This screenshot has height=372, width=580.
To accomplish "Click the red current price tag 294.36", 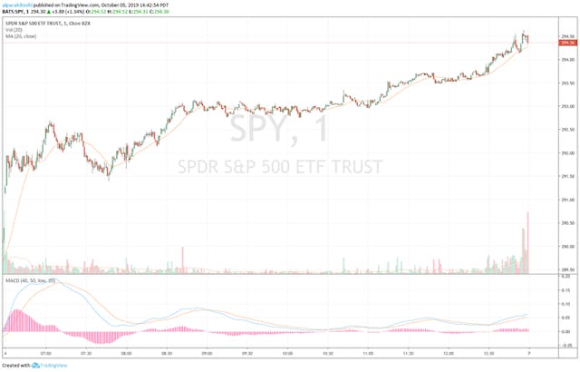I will click(569, 44).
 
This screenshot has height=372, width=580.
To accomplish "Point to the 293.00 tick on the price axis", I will click(567, 106).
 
